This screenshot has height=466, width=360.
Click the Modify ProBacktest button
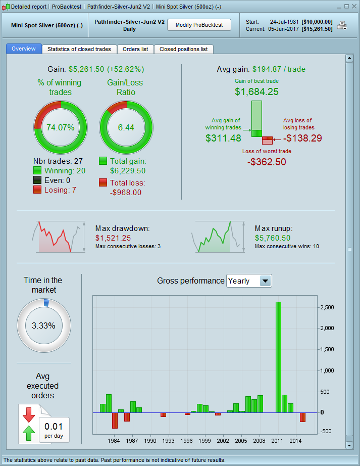coord(199,25)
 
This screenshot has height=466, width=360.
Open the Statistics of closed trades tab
coord(80,49)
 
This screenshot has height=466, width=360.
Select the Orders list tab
coord(135,49)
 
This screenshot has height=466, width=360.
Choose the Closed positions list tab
coord(183,49)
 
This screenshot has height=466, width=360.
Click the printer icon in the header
coord(342,26)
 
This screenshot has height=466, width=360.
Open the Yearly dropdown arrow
coord(265,281)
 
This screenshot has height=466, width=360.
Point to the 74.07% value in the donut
coord(61,127)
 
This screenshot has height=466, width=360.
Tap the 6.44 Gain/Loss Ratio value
coord(126,127)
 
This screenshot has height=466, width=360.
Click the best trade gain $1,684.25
coord(256,91)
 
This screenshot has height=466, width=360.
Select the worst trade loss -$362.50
coord(267,162)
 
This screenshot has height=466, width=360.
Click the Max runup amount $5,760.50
coord(273,238)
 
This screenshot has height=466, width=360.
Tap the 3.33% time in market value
coord(43,325)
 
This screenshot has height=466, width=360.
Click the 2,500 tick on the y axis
coord(328,307)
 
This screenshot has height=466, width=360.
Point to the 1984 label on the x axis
coord(114,441)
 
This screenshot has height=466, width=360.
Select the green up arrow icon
coord(28,433)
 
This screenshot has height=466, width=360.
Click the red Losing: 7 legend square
coord(37,190)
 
